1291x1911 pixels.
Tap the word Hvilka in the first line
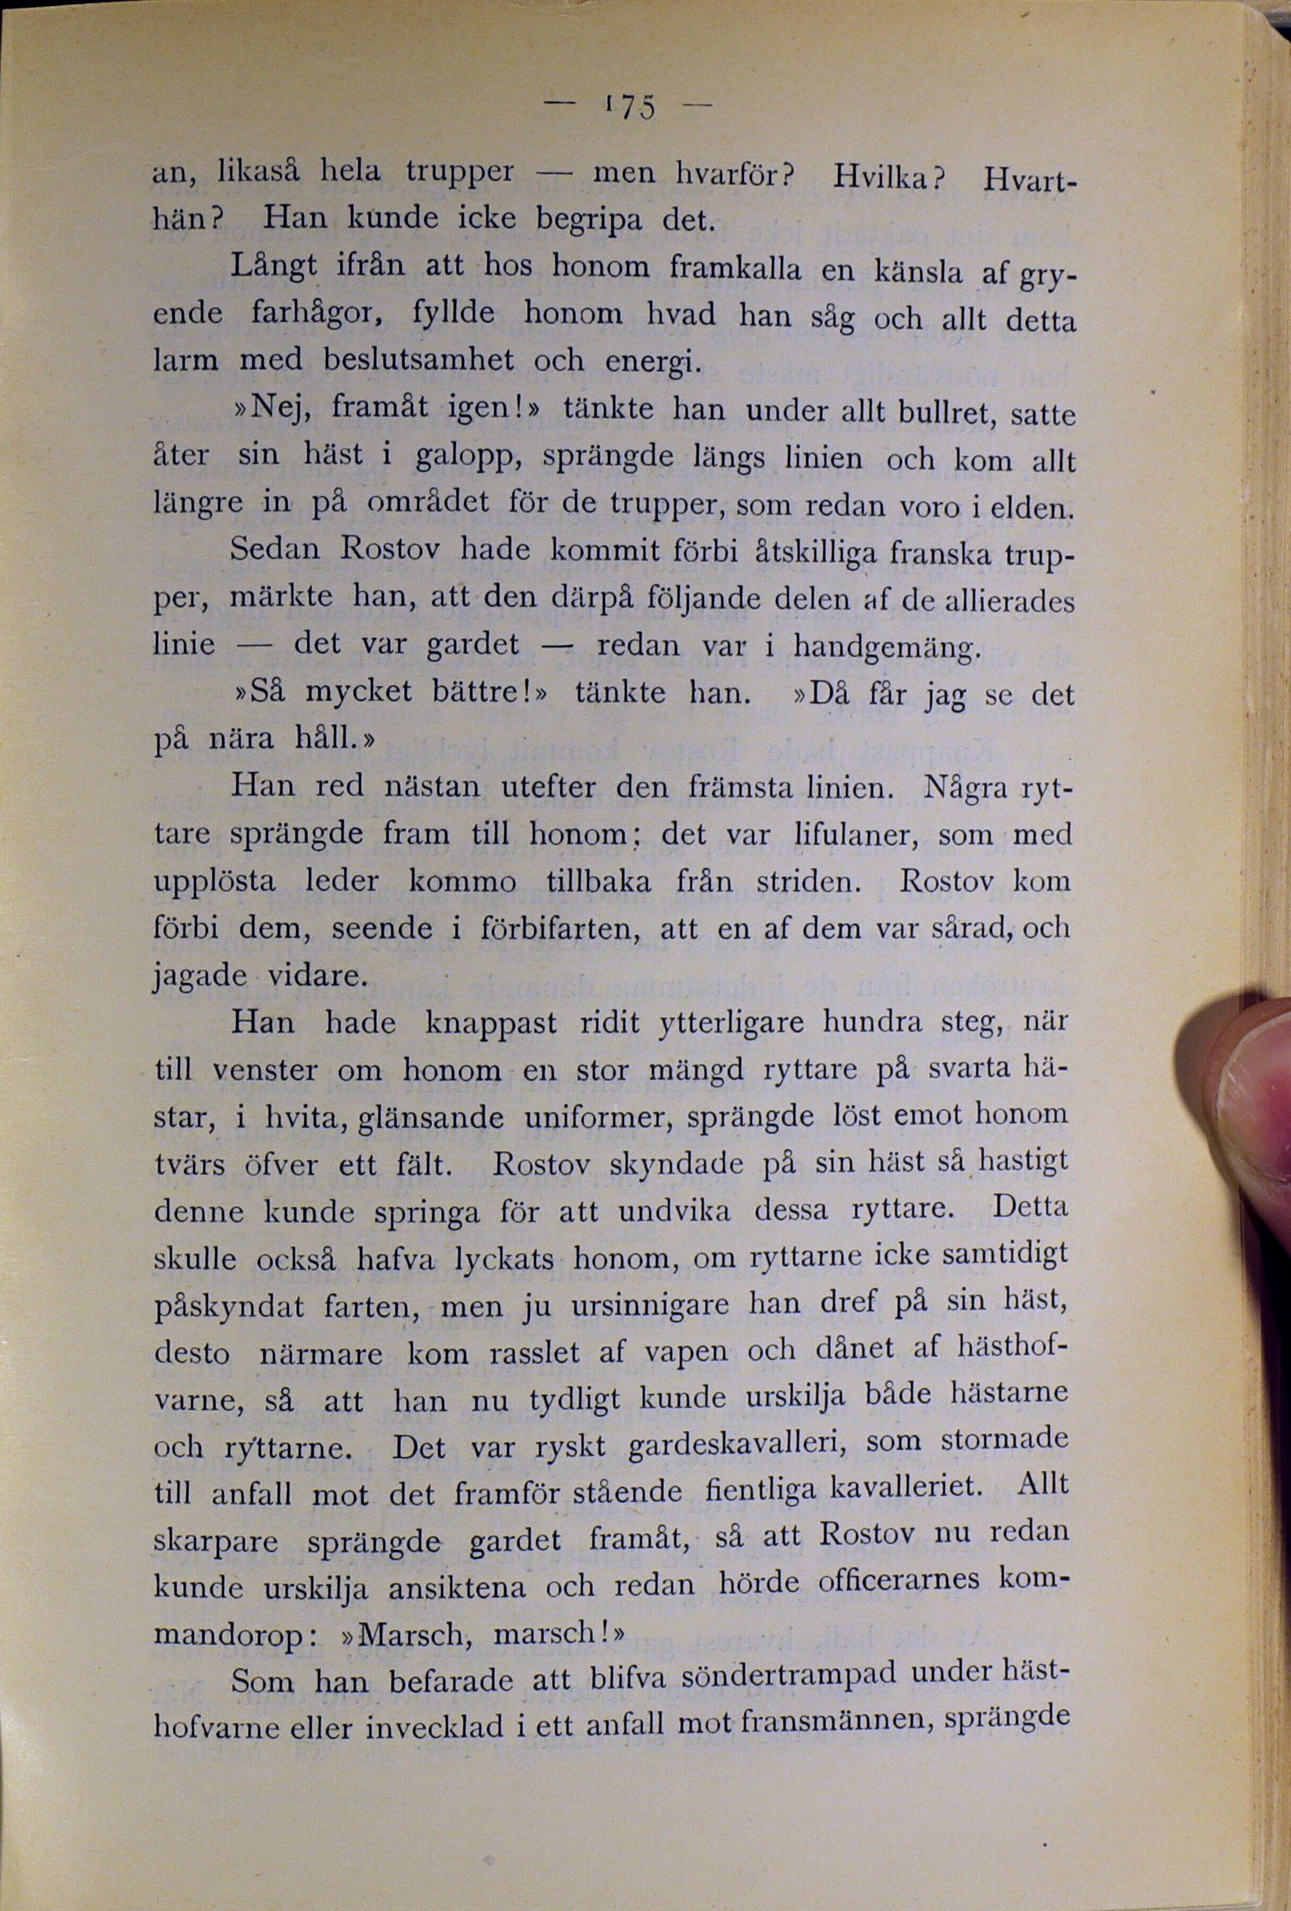[x=884, y=177]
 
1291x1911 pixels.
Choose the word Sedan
[x=274, y=548]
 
